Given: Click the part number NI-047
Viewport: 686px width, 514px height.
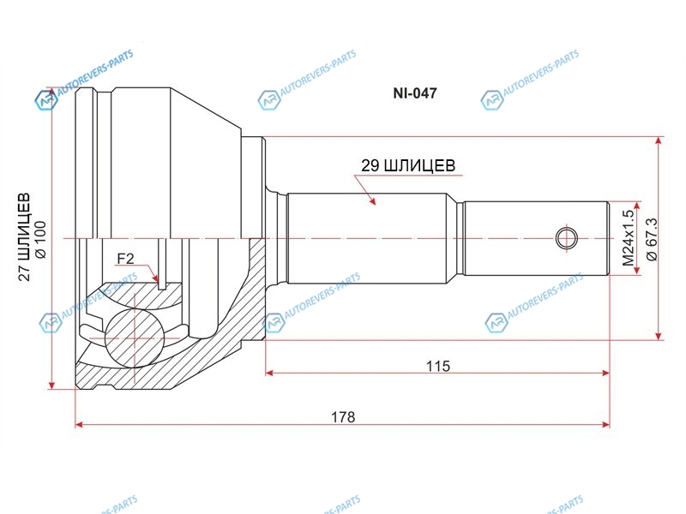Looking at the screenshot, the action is click(415, 93).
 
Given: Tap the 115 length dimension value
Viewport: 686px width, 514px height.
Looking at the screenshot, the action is click(438, 366).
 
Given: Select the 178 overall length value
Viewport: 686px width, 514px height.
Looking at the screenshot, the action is click(343, 417).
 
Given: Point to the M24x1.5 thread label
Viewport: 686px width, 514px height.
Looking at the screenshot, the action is click(629, 238).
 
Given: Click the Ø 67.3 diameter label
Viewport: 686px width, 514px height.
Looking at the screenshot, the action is click(652, 239).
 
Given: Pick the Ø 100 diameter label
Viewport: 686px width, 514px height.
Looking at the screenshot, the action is click(39, 240).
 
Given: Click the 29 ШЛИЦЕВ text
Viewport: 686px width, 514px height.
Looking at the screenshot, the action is click(408, 165).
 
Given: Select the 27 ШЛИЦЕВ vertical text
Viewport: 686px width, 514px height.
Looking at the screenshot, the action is click(24, 236).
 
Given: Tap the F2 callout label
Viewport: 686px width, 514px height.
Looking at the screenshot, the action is click(125, 259).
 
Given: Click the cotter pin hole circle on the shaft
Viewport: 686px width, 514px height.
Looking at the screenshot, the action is click(567, 239).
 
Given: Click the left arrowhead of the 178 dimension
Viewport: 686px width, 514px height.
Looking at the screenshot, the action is click(79, 424).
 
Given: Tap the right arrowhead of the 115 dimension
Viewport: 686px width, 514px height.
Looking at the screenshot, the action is click(605, 373).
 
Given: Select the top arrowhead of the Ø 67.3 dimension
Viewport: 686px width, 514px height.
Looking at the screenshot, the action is click(659, 141).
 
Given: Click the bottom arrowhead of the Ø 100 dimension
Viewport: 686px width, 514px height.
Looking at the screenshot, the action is click(51, 385).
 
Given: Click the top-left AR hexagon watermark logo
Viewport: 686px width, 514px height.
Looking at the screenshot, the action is click(46, 100).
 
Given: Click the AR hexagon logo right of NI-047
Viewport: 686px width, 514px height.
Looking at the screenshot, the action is click(491, 100).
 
